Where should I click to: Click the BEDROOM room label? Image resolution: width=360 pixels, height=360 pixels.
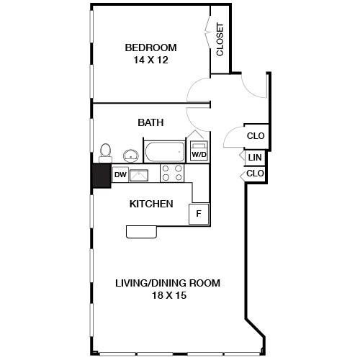150,48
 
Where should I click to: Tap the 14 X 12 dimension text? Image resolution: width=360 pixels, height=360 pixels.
150,60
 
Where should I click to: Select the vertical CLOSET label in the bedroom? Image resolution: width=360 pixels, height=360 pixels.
220,40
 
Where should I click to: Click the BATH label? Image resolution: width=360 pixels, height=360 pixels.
150,122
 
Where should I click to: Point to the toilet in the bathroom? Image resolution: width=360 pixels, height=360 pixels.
105,153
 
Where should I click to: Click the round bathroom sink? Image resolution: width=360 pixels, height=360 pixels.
131,156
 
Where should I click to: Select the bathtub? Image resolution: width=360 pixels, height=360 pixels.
165,151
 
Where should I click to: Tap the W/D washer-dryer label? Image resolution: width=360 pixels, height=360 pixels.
199,155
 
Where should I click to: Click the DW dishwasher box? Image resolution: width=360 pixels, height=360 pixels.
120,175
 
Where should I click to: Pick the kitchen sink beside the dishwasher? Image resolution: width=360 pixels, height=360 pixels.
139,176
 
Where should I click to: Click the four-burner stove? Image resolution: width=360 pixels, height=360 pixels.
172,173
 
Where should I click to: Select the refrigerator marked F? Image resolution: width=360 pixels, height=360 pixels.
199,214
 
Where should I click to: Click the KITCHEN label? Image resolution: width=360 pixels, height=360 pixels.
151,204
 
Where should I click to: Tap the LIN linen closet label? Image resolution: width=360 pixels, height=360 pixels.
255,158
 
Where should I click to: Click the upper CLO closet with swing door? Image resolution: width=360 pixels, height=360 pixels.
256,136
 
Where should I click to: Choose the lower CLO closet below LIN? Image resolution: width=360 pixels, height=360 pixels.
255,174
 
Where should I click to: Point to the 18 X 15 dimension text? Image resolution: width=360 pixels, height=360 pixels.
169,295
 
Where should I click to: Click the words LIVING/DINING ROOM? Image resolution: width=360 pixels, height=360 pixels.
168,283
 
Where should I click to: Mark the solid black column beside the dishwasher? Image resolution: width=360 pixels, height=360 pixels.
102,176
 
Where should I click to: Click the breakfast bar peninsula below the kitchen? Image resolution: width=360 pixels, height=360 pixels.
142,232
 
